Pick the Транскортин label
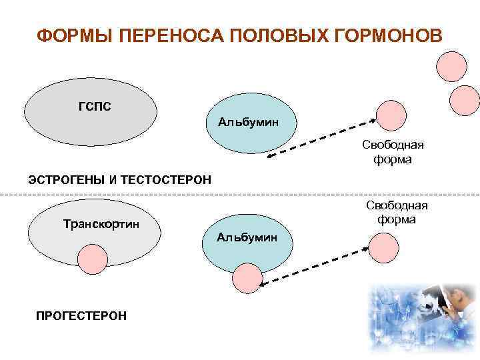pyautogui.click(x=101, y=223)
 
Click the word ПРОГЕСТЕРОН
pyautogui.click(x=81, y=315)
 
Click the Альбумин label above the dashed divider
pyautogui.click(x=248, y=122)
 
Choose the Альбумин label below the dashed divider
pyautogui.click(x=247, y=237)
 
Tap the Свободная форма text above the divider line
pyautogui.click(x=393, y=152)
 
